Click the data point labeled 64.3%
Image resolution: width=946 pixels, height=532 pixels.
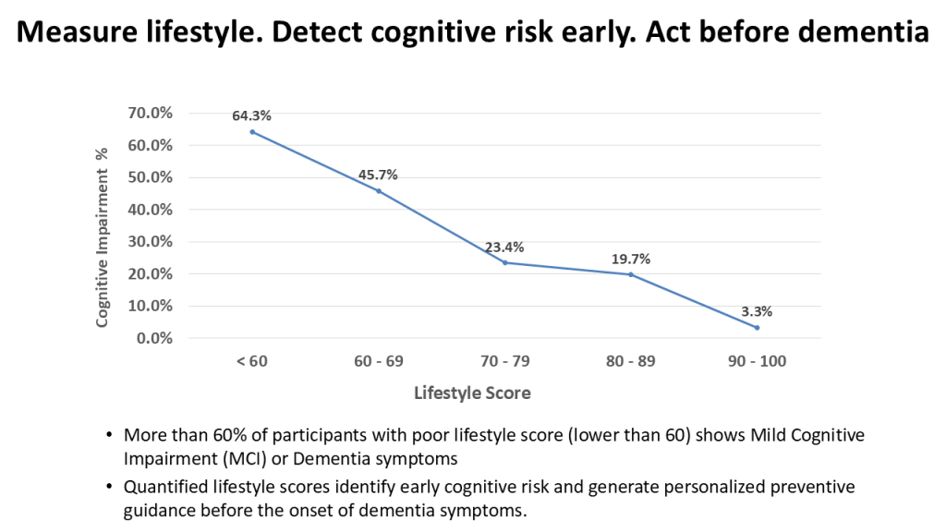tap(251, 131)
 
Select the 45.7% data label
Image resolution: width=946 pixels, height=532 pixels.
tap(378, 175)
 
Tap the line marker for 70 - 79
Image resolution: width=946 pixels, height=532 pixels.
tap(504, 262)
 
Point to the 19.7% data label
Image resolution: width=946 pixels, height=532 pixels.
tap(631, 259)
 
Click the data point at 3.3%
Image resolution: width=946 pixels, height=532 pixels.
tap(758, 327)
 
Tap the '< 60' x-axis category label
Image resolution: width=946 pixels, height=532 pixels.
tap(251, 361)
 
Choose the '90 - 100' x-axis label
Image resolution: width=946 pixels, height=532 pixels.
tap(758, 361)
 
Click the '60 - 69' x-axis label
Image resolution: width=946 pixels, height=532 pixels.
tap(378, 361)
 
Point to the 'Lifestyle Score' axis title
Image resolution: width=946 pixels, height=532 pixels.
tap(472, 393)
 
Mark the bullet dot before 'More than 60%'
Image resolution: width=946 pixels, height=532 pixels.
tap(111, 435)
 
